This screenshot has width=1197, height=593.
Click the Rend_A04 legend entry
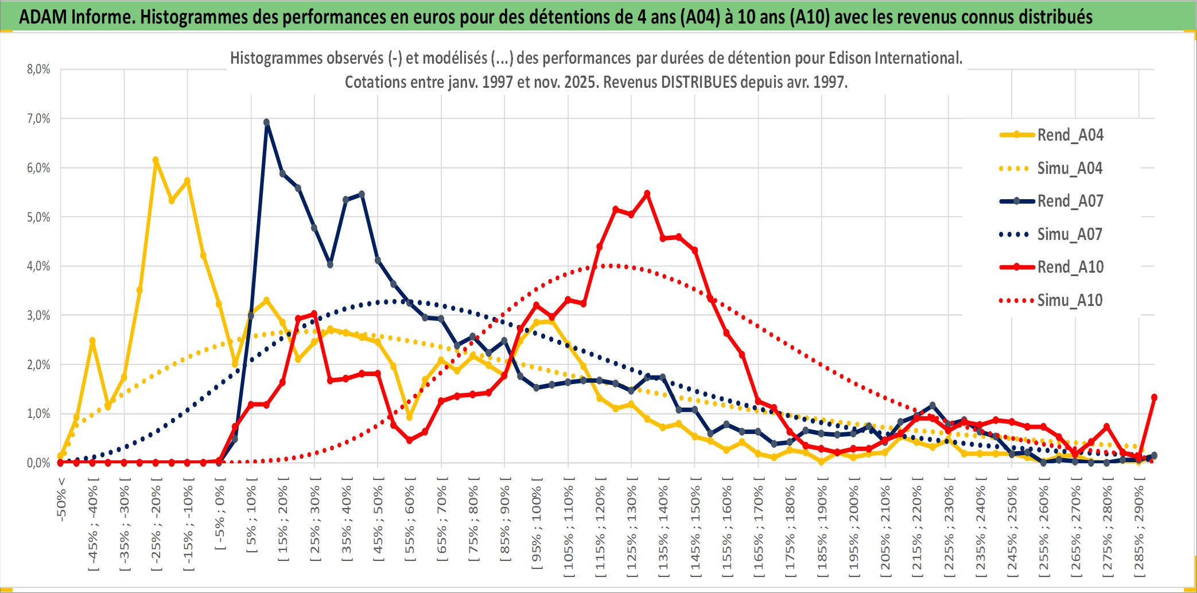1070,135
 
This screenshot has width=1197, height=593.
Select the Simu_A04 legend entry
1070,168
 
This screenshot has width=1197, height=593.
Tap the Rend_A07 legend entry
1070,201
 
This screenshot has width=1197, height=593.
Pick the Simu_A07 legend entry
1070,234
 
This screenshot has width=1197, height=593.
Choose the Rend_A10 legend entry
1070,267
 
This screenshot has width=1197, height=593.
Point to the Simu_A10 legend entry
1070,300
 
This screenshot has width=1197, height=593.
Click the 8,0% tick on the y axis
38,69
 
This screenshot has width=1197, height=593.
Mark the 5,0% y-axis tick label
38,217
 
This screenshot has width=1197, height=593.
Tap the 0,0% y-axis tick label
38,463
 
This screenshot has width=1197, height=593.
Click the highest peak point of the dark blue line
266,122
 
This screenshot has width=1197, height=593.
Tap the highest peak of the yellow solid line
156,160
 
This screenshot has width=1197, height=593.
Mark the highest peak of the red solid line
647,193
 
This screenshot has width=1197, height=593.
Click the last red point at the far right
1154,397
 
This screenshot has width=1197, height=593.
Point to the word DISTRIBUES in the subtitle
698,82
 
